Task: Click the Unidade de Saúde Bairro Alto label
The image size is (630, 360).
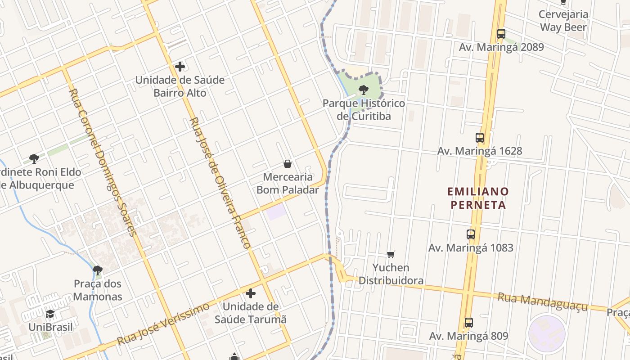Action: pos(180,86)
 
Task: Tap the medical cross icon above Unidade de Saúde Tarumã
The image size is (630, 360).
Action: pos(251,294)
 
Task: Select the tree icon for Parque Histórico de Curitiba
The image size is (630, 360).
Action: pos(364,90)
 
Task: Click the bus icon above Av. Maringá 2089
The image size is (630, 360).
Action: pos(501,33)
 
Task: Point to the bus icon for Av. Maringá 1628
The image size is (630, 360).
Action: pos(480,138)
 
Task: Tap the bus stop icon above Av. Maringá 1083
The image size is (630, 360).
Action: pos(471,234)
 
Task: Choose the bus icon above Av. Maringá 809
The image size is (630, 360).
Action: pos(469,323)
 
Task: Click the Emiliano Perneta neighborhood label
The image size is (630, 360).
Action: pos(478,198)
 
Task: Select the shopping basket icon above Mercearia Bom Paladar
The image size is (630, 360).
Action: pos(288,164)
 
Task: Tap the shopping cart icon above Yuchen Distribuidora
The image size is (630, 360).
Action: pos(391,255)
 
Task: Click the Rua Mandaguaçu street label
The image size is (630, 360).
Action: pos(543,301)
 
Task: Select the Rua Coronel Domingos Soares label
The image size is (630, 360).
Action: pos(102,162)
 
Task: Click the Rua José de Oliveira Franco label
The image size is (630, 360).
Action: pos(220,184)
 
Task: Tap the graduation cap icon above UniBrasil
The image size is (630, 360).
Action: pos(50,314)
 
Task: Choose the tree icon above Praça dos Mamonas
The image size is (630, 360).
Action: pos(97,270)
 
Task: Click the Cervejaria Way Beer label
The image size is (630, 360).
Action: pos(563,21)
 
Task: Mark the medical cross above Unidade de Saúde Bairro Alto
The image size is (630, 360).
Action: pos(180,67)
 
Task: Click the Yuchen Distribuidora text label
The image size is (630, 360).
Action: pos(391,274)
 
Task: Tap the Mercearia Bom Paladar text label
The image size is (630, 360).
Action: pos(288,183)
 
